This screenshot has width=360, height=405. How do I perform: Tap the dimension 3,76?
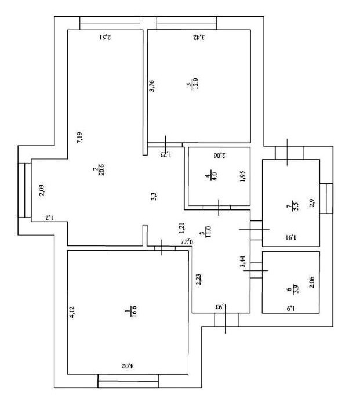(x=152, y=86)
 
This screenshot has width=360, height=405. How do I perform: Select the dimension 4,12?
(x=73, y=313)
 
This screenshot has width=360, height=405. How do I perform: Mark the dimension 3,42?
(x=199, y=37)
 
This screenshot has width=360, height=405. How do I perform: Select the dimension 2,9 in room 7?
(x=311, y=202)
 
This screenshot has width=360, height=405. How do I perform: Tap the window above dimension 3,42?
(x=187, y=23)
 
